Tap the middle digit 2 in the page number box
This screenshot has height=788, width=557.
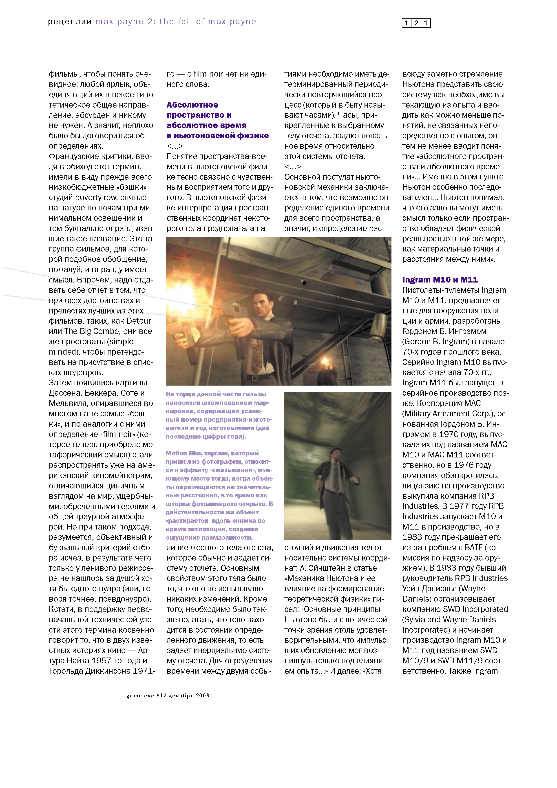click(x=416, y=23)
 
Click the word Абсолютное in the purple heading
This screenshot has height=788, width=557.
click(x=192, y=105)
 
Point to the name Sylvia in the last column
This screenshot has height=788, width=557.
click(x=415, y=620)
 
